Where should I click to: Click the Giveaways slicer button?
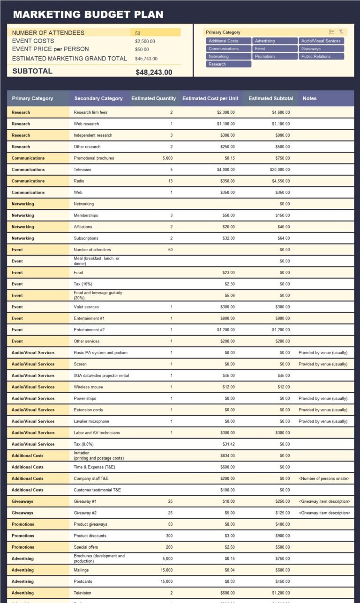(321, 49)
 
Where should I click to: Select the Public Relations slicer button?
(321, 56)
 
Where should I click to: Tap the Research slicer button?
(228, 64)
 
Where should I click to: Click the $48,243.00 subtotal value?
(154, 72)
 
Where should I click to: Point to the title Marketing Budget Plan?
(88, 15)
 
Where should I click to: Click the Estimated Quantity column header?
(153, 98)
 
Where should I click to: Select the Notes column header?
(309, 98)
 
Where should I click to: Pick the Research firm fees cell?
(90, 112)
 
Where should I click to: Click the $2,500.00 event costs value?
(145, 41)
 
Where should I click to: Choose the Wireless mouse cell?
(88, 387)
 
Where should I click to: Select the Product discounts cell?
(90, 536)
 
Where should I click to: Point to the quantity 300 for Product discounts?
(169, 536)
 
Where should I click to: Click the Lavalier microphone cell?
(91, 421)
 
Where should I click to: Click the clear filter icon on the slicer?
(341, 32)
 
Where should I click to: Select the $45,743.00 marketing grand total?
(146, 59)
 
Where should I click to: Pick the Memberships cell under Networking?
(86, 216)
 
